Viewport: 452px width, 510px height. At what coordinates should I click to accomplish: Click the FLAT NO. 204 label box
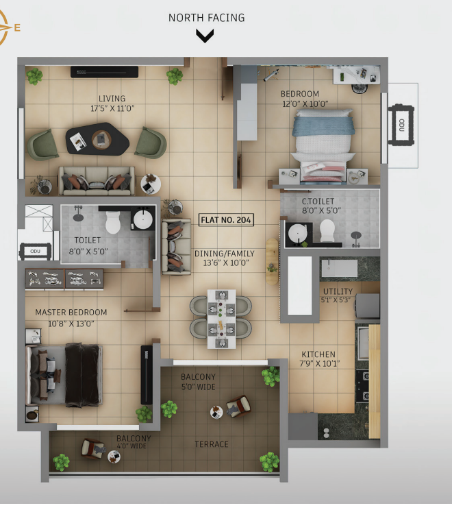(x=226, y=220)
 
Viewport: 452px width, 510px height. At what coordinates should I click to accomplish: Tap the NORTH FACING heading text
(x=206, y=18)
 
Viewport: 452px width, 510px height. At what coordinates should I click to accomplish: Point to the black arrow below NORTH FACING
(x=205, y=36)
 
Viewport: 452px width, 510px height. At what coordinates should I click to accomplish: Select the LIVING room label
(x=112, y=99)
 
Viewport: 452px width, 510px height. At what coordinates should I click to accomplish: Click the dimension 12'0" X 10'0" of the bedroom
(x=305, y=104)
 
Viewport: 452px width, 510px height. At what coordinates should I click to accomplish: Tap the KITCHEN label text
(x=318, y=354)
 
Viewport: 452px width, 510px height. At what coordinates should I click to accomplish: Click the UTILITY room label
(x=338, y=291)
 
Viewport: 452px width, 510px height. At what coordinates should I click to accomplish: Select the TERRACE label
(x=212, y=444)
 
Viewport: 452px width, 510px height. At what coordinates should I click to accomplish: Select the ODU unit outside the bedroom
(x=401, y=125)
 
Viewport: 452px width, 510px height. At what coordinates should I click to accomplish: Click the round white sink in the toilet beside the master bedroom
(x=142, y=219)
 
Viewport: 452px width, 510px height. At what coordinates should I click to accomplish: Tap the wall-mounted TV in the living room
(x=104, y=72)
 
